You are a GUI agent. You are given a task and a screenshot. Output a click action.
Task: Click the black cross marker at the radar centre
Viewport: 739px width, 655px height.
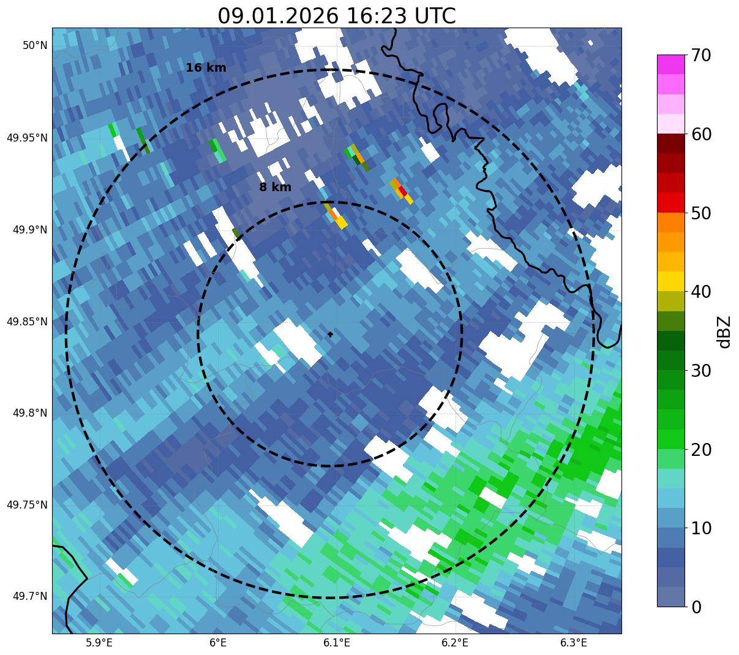330,335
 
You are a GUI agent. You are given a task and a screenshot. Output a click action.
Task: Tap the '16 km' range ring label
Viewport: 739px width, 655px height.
206,68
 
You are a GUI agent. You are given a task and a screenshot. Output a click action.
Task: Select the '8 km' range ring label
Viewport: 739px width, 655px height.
275,187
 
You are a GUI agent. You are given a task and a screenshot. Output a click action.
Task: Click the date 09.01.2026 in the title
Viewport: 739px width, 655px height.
277,16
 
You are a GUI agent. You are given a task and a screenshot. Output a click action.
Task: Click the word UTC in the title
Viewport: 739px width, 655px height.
435,16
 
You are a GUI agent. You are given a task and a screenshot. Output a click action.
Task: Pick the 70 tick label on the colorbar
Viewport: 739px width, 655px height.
701,56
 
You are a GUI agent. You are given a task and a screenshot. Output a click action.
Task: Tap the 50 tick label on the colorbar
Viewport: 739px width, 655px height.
701,213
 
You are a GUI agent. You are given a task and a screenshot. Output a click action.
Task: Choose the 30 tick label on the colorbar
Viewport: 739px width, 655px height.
701,371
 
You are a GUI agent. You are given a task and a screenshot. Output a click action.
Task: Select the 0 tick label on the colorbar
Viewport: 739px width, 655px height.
697,607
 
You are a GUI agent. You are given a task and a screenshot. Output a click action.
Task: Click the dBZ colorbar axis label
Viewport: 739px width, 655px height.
725,331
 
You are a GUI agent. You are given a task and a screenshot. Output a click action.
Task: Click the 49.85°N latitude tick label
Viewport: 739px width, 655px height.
27,322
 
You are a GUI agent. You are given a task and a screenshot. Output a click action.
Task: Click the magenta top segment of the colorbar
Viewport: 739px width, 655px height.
670,64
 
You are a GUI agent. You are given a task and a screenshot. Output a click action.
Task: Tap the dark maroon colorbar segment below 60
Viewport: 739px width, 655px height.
670,143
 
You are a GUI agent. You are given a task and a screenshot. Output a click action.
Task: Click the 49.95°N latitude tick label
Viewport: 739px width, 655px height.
27,138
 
